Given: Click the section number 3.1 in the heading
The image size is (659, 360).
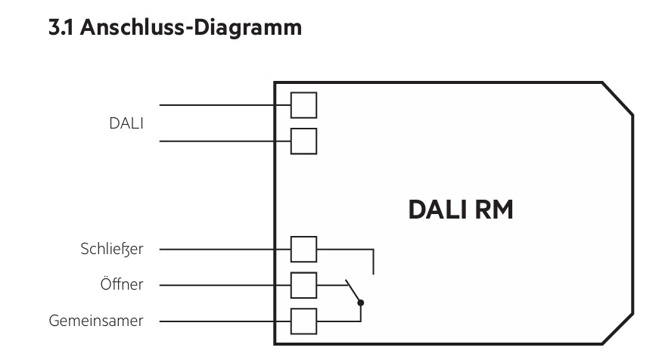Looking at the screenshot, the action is click(x=61, y=27).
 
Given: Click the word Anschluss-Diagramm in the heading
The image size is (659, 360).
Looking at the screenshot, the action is click(x=191, y=28).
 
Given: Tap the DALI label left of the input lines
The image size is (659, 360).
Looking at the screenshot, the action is click(x=126, y=123).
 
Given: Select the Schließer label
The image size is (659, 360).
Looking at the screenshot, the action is click(x=112, y=249).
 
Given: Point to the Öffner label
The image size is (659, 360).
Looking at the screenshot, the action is click(x=122, y=284).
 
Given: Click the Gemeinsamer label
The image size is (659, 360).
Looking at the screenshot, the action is click(x=96, y=321).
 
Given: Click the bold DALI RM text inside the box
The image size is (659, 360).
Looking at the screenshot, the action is click(x=461, y=209).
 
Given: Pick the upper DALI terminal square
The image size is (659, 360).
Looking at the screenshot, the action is click(x=303, y=105).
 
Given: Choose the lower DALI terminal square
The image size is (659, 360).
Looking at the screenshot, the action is click(x=303, y=141).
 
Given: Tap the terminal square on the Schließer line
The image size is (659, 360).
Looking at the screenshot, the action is click(x=303, y=250).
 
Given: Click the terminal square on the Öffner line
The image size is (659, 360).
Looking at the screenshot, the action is click(x=303, y=285).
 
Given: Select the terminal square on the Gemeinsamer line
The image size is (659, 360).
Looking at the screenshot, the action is click(x=303, y=321).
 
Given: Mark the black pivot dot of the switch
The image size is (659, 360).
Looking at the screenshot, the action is click(x=361, y=303).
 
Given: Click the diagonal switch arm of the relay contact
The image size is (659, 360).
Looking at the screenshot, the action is click(x=353, y=290).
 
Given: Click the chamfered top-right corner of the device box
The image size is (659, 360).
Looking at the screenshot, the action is click(x=617, y=98).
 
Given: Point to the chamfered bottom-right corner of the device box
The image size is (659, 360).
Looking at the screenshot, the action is click(x=617, y=328).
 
